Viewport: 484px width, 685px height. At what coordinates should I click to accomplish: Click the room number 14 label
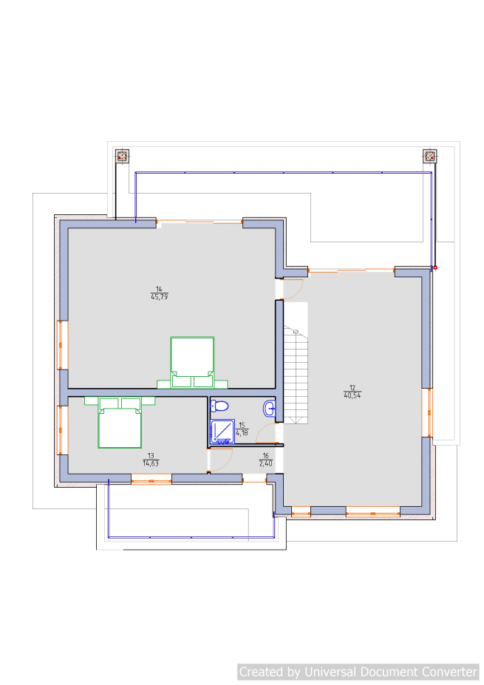click(x=159, y=289)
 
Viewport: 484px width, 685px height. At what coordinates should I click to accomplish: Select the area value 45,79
click(x=159, y=297)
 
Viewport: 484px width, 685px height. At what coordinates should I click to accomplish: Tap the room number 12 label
click(x=352, y=388)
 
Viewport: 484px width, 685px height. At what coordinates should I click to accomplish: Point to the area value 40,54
click(x=352, y=396)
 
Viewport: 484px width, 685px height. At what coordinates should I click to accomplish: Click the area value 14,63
click(x=151, y=463)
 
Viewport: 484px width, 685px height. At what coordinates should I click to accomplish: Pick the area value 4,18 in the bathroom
click(x=242, y=433)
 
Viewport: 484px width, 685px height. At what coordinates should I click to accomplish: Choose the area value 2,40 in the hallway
click(x=265, y=463)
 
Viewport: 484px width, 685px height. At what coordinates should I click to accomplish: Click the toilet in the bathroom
click(x=219, y=406)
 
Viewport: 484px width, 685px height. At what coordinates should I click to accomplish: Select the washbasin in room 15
click(x=269, y=409)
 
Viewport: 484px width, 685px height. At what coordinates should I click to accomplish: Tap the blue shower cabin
click(x=222, y=432)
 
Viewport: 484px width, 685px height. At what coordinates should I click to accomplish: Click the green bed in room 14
click(x=192, y=363)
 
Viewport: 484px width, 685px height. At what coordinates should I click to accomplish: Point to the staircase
click(x=296, y=375)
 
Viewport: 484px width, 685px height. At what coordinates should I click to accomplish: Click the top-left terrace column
click(x=123, y=156)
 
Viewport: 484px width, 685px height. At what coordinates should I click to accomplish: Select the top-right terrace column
click(x=430, y=156)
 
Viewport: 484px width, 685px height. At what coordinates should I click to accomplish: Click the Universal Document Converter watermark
click(x=358, y=672)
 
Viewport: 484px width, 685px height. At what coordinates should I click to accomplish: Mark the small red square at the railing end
click(x=435, y=267)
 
